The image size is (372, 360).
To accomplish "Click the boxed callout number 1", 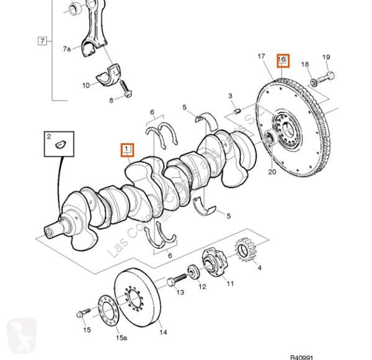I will pyautogui.click(x=127, y=149).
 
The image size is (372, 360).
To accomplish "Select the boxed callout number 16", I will pyautogui.click(x=283, y=59).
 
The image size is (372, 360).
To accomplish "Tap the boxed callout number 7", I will pyautogui.click(x=42, y=42).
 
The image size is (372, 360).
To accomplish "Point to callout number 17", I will pyautogui.click(x=262, y=57).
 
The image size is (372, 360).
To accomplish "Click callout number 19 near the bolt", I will pyautogui.click(x=327, y=57).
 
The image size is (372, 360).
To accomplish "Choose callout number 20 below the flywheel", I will pyautogui.click(x=272, y=172).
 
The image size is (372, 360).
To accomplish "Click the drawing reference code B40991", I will pyautogui.click(x=302, y=356).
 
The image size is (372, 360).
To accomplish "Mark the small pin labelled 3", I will pyautogui.click(x=237, y=110).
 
